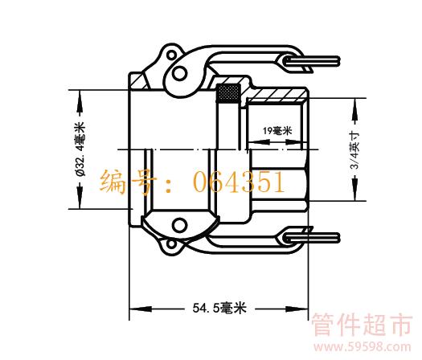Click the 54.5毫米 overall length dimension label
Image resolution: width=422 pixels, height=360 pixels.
pos(219,308)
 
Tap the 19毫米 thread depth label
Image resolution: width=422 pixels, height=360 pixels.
pos(277,131)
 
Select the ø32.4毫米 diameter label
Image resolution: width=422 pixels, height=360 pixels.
pos(80,149)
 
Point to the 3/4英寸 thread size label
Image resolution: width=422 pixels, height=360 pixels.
pos(355,150)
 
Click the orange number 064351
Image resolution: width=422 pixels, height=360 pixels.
pos(239,182)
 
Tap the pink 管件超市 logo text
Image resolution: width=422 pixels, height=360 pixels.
pos(362,325)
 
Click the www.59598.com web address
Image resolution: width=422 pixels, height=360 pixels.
pos(363,347)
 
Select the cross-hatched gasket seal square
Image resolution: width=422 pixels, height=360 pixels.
pos(228,93)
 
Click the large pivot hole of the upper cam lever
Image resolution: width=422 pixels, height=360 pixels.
pos(179,73)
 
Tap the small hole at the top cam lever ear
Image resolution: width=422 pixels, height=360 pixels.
pos(171,55)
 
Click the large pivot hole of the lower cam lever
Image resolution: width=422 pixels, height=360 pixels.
pos(179,226)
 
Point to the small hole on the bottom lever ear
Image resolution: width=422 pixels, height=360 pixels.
pos(171,244)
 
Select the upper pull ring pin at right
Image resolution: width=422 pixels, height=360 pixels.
pos(312,61)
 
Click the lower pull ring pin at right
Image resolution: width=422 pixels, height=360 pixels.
pos(312,238)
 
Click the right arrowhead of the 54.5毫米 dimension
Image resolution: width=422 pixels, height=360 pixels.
pos(297,309)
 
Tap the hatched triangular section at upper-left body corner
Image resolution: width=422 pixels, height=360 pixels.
pos(140,82)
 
